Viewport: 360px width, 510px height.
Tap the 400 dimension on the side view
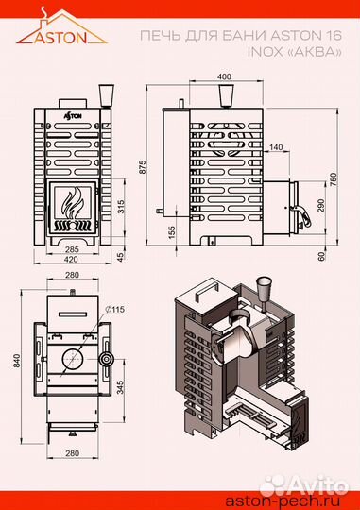click(x=224, y=76)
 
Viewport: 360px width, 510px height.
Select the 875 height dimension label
click(x=143, y=167)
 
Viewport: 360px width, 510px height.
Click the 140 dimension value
click(x=276, y=147)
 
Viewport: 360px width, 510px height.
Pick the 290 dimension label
click(x=321, y=206)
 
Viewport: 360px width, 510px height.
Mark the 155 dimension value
click(x=172, y=233)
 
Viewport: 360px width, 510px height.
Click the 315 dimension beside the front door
click(x=120, y=207)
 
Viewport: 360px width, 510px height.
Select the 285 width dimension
click(x=72, y=249)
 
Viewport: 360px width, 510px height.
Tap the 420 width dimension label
click(x=71, y=259)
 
